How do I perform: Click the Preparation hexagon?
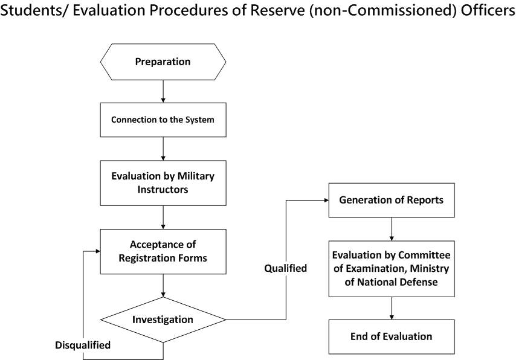(x=163, y=62)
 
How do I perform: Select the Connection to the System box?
(x=163, y=120)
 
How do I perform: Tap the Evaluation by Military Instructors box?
(x=163, y=183)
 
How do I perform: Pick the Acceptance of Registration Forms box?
(x=163, y=251)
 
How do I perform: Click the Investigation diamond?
(x=163, y=320)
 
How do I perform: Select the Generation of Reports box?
(x=392, y=200)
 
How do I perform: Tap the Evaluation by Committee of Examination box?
(x=392, y=269)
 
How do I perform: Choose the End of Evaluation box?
(x=392, y=336)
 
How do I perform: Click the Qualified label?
(x=286, y=268)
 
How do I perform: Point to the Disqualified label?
(x=83, y=345)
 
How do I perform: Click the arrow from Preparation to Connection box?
(x=163, y=91)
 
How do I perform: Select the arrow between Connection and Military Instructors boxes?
(x=163, y=149)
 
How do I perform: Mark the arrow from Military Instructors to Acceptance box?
(x=163, y=217)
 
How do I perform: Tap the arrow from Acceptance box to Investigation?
(x=163, y=286)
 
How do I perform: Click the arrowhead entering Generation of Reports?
(x=326, y=200)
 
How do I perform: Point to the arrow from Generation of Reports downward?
(x=392, y=229)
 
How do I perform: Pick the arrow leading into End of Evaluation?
(x=392, y=308)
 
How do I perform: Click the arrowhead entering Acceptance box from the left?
(x=98, y=251)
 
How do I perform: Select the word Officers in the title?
(x=488, y=10)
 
